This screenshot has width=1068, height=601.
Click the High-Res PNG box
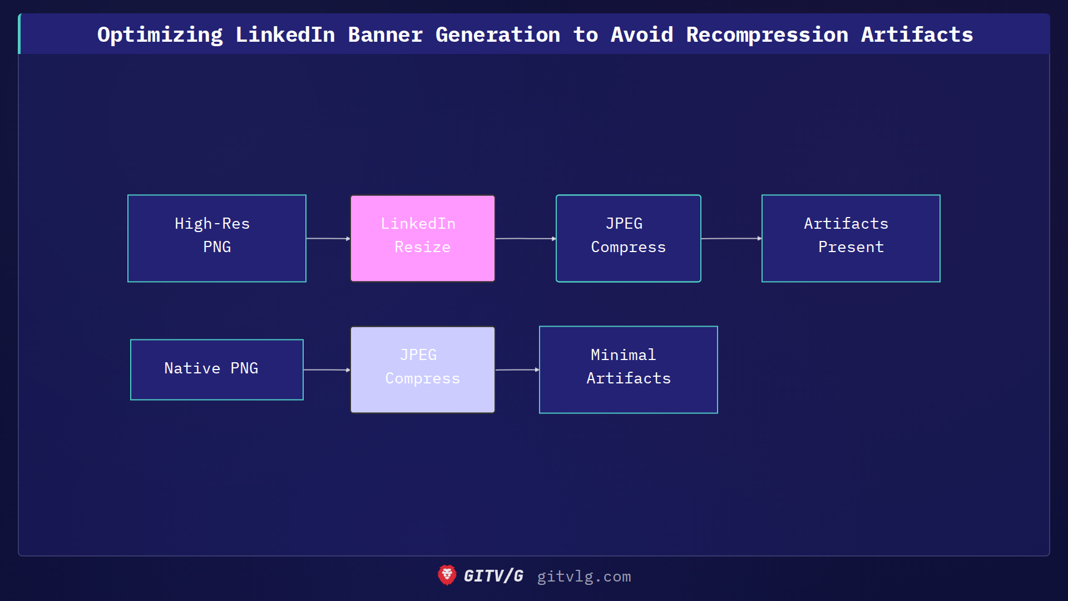point(217,238)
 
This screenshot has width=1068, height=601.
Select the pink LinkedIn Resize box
point(423,238)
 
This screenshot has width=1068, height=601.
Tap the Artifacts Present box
point(851,238)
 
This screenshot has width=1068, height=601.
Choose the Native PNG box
point(217,370)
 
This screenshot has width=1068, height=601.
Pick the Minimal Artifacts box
point(628,370)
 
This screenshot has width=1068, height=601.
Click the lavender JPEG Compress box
point(423,370)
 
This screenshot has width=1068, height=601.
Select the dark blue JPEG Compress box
point(628,238)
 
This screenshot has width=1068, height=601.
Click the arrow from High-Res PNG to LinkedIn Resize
point(328,238)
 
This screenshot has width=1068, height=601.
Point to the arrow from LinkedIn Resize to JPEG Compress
point(526,238)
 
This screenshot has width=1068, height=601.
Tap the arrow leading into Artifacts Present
point(731,238)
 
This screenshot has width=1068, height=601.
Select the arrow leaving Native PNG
point(327,370)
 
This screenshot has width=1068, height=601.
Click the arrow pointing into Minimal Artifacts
point(517,370)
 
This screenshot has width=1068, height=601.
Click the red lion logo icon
point(447,575)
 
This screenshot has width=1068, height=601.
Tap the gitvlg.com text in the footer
point(584,577)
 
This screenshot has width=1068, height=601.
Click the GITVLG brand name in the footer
point(493,576)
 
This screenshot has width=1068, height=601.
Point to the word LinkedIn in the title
point(285,35)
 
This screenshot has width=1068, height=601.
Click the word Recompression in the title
point(767,35)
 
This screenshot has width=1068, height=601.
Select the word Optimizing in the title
point(160,35)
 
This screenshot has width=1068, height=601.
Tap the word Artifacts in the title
point(917,35)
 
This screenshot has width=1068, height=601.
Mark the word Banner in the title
point(385,35)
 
